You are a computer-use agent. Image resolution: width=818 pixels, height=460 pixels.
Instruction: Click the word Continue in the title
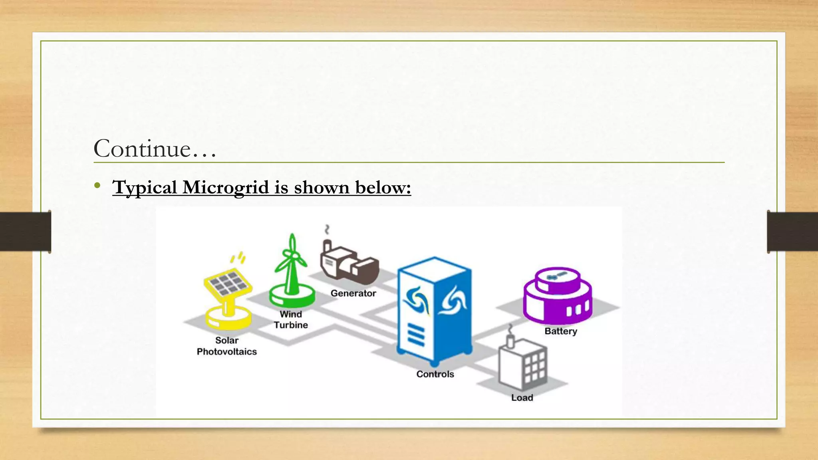click(x=142, y=149)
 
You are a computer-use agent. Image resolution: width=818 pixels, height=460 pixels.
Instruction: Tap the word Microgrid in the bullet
click(x=226, y=187)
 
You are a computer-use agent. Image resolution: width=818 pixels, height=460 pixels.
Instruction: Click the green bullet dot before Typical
click(x=97, y=185)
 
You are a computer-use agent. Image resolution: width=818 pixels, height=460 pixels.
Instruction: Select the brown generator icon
click(x=348, y=262)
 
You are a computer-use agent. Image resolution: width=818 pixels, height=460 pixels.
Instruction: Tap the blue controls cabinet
click(x=435, y=309)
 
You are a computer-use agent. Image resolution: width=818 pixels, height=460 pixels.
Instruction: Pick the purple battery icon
click(x=558, y=295)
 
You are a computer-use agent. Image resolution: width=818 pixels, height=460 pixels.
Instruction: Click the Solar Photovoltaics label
click(x=227, y=346)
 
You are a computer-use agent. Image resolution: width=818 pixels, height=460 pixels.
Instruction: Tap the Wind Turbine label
click(x=291, y=319)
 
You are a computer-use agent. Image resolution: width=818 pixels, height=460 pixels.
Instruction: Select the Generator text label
click(x=353, y=293)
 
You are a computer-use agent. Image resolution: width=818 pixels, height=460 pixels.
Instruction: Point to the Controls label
click(x=435, y=374)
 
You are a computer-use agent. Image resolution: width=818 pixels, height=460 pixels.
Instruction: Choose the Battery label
click(x=561, y=331)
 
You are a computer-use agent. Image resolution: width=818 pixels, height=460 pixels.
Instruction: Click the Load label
click(x=522, y=398)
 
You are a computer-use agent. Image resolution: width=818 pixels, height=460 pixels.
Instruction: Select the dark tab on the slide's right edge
click(x=792, y=232)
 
